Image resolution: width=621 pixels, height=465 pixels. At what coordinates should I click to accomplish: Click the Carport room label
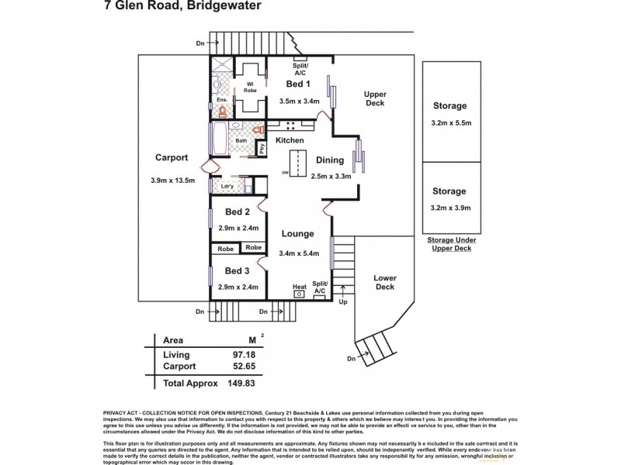(171, 157)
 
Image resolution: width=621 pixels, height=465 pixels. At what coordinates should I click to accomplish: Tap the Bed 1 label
(298, 84)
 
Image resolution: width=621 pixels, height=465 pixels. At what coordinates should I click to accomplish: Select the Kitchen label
(290, 139)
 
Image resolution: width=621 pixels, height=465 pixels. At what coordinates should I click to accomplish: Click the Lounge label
(297, 233)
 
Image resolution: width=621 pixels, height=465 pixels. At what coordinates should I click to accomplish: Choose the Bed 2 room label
(237, 212)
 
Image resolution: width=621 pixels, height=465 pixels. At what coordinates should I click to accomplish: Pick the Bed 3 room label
(237, 270)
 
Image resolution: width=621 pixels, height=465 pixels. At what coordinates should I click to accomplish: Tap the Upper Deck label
(376, 98)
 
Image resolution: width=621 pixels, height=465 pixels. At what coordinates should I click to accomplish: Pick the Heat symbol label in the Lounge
(299, 287)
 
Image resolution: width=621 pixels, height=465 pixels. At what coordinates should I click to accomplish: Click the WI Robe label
(250, 88)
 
